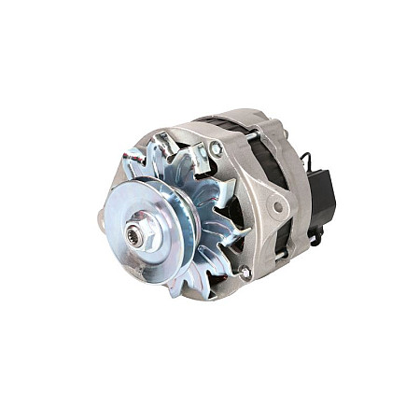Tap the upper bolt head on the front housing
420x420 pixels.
tap(216, 148)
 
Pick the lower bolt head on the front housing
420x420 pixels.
tap(245, 273)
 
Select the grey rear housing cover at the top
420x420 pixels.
tap(275, 126)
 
